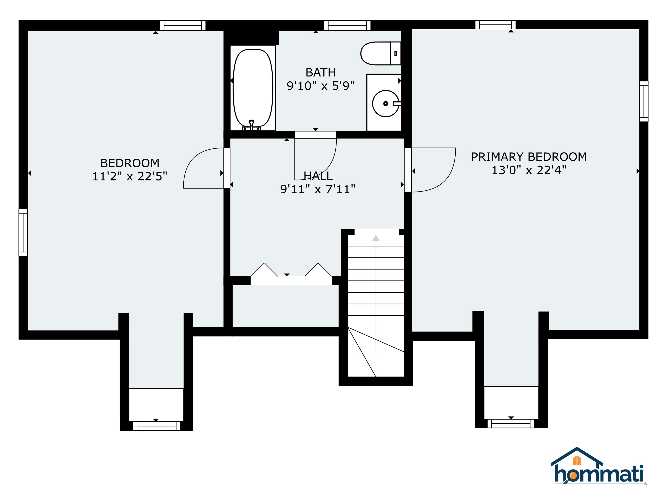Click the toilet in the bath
(380, 53)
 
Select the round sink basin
(385, 103)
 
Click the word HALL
(318, 176)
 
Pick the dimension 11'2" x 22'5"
(130, 176)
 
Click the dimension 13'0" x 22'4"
(528, 170)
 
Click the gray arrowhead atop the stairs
(376, 238)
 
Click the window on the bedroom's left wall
(23, 232)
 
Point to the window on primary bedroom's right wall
(643, 101)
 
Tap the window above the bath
(347, 25)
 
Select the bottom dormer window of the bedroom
(156, 426)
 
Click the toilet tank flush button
(396, 53)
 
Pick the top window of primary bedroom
(495, 25)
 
